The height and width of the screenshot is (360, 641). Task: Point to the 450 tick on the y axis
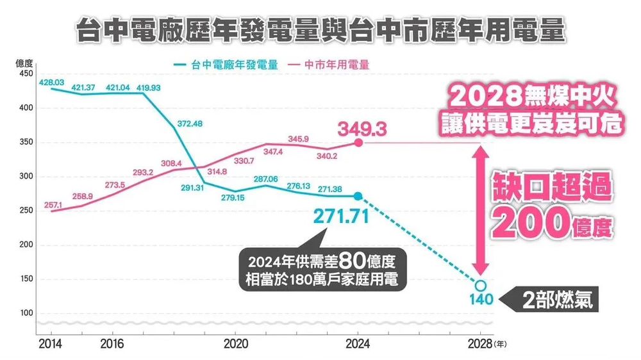[x=26, y=74]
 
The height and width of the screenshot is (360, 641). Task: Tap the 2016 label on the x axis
[x=112, y=344]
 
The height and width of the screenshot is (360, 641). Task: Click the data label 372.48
[x=189, y=123]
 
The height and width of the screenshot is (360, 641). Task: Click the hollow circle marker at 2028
[x=481, y=285]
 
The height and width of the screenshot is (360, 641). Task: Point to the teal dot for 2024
[x=358, y=196]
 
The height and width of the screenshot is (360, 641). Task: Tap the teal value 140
[x=481, y=300]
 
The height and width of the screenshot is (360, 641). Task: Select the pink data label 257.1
[x=53, y=205]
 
